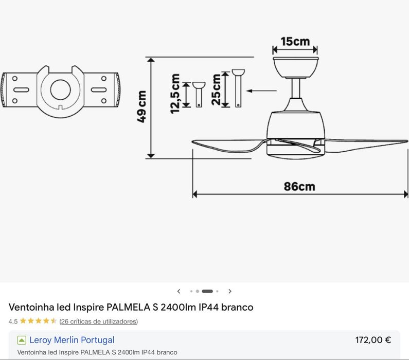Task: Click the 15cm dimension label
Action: pyautogui.click(x=295, y=42)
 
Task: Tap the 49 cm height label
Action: pyautogui.click(x=141, y=106)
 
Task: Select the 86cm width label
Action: pyautogui.click(x=299, y=186)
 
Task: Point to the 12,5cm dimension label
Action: pyautogui.click(x=175, y=94)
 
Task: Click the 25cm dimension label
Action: pyautogui.click(x=217, y=89)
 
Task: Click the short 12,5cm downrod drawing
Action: pyautogui.click(x=199, y=94)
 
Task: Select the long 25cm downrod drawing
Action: pyautogui.click(x=238, y=88)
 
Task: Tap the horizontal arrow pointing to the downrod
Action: pyautogui.click(x=261, y=91)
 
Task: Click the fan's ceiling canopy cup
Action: pyautogui.click(x=295, y=67)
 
